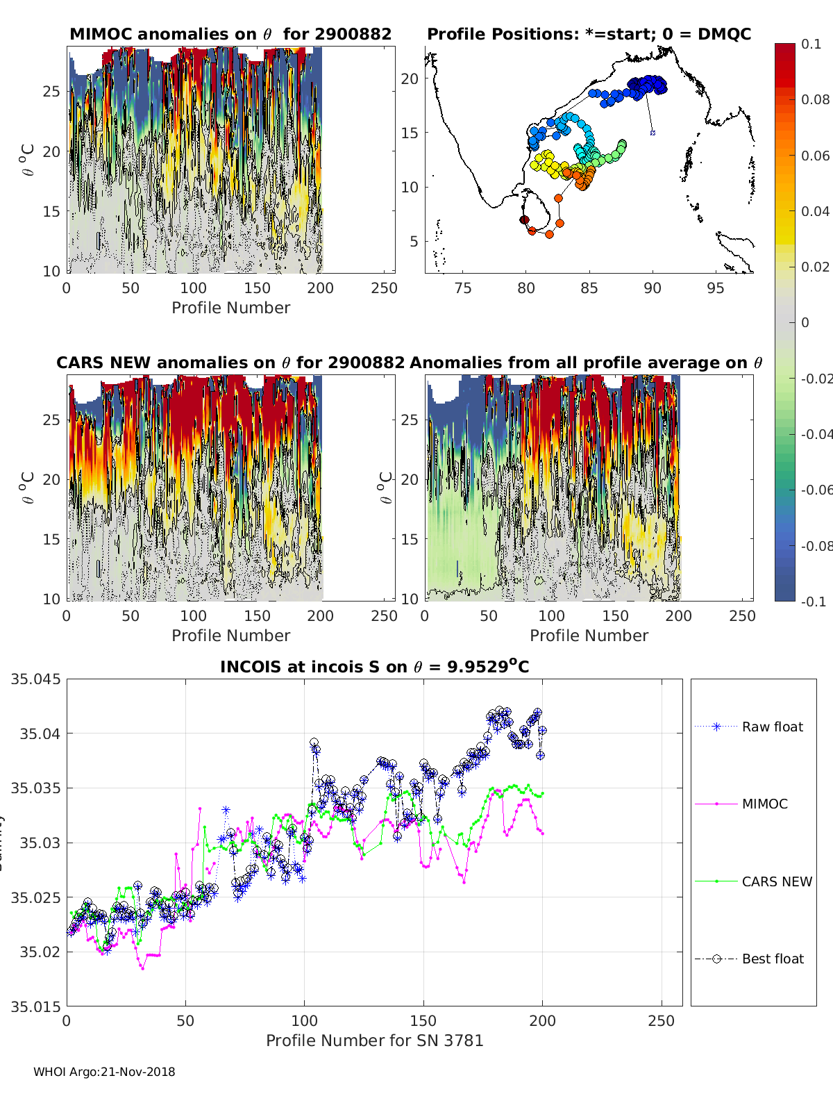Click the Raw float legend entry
click(772, 727)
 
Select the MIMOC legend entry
click(764, 804)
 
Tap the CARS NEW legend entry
click(776, 881)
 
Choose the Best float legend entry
click(772, 959)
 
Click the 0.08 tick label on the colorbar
click(815, 99)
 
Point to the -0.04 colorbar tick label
click(816, 434)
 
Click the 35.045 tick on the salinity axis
click(35, 679)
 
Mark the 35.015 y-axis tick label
click(35, 1006)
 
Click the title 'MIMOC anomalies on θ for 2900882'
click(230, 34)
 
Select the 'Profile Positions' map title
click(589, 34)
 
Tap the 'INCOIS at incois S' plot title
click(374, 667)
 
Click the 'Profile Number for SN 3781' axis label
click(374, 1041)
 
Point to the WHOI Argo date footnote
click(104, 1072)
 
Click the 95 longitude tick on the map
click(715, 288)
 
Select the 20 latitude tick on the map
click(410, 78)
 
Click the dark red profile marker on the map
click(525, 219)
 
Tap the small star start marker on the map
click(653, 132)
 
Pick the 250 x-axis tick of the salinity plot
click(661, 1021)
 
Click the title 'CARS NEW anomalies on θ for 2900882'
click(230, 363)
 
